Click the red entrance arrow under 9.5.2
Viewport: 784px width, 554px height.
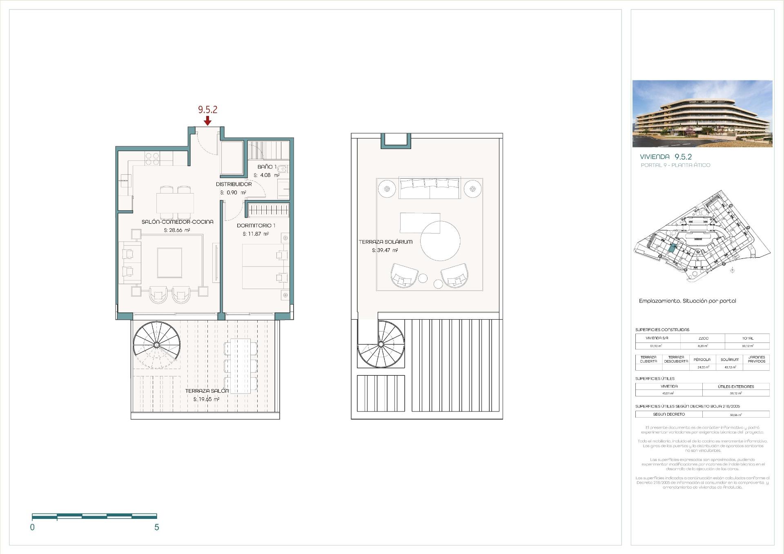[207, 121]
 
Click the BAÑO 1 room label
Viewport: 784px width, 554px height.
[267, 167]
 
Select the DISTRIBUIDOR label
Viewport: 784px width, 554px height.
[234, 184]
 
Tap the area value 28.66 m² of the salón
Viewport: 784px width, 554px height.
[177, 230]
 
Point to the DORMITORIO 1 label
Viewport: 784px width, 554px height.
[256, 225]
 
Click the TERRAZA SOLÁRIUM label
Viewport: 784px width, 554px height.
[385, 242]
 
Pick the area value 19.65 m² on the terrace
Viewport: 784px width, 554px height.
[206, 399]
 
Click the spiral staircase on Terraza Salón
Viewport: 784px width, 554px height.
[156, 345]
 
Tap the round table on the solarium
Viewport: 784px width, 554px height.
[440, 241]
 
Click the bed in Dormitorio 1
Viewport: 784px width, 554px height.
[261, 266]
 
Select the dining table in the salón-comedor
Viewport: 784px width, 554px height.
[175, 202]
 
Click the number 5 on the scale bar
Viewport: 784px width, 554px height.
[157, 527]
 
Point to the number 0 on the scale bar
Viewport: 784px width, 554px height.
[32, 527]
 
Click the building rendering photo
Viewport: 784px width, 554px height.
[702, 113]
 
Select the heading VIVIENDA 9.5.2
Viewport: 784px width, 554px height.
[666, 157]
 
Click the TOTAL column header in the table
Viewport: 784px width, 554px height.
[748, 338]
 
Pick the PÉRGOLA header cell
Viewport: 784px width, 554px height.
[702, 360]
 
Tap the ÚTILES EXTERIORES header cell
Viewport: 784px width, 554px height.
[736, 386]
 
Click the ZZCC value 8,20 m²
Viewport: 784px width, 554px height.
[703, 346]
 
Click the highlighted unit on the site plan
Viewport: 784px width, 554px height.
[672, 248]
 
